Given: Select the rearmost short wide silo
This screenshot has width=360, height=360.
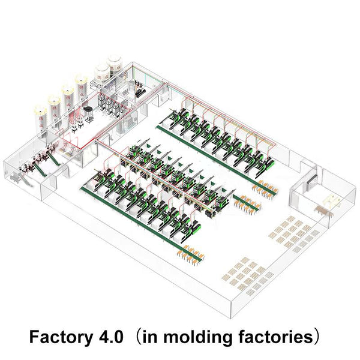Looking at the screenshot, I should pyautogui.click(x=115, y=65).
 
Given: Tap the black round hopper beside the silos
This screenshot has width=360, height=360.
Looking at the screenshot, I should pyautogui.click(x=88, y=112).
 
